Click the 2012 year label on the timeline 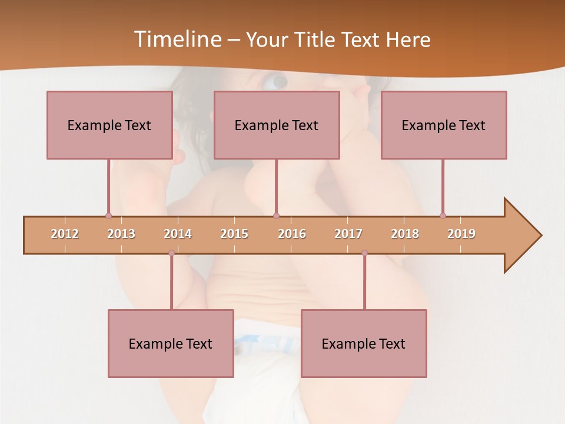(65, 234)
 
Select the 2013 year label (121, 234)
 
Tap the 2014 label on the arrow (178, 234)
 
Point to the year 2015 (234, 234)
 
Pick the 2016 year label (292, 234)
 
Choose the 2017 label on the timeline (348, 234)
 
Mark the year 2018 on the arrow (405, 234)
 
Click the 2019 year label (461, 234)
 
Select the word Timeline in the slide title (177, 39)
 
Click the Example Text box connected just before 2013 (109, 125)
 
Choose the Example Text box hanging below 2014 (171, 343)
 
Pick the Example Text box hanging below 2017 (364, 343)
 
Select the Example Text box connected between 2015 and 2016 (277, 125)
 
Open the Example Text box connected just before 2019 (444, 125)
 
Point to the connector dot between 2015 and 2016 (277, 216)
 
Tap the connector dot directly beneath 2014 (171, 253)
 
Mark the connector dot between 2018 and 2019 (443, 216)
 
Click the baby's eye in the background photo (275, 81)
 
